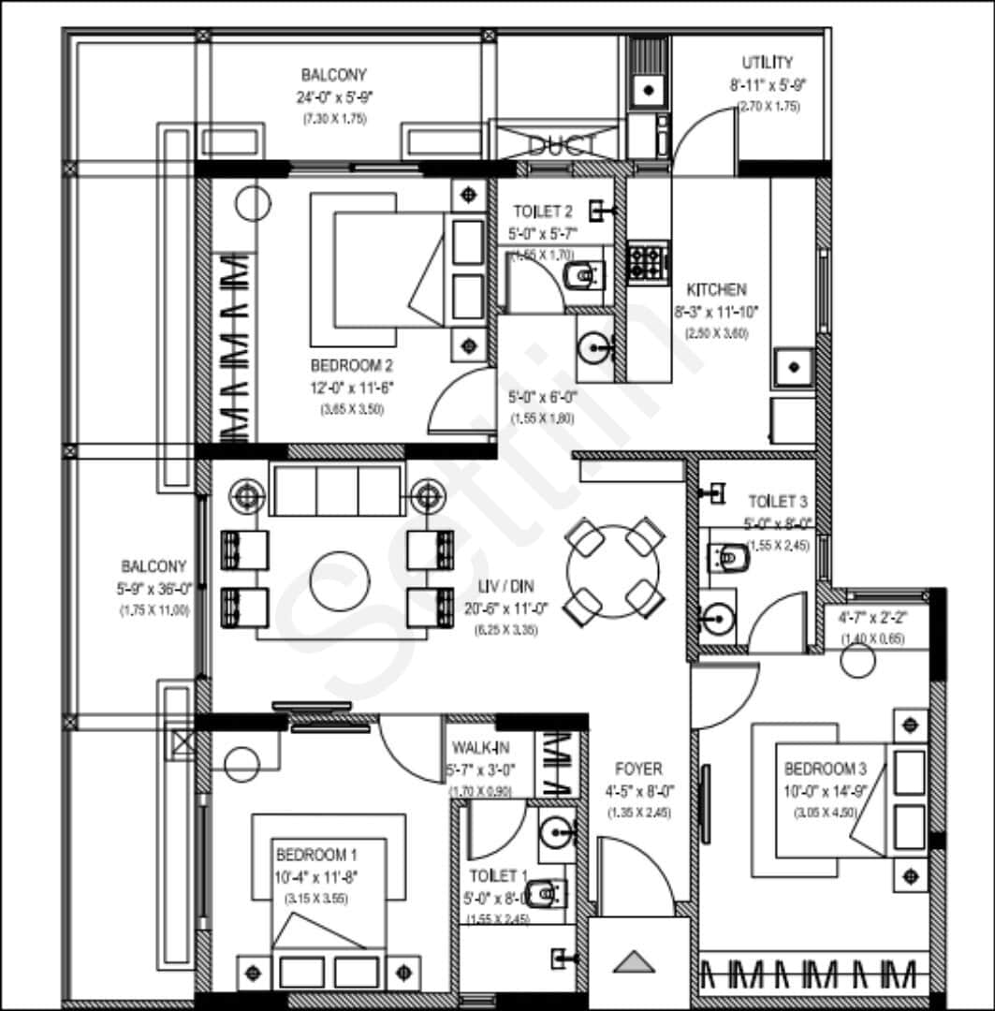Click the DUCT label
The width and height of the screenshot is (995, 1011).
point(563,145)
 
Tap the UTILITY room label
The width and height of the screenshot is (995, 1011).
point(767,63)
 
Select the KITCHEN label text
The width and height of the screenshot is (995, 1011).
point(716,290)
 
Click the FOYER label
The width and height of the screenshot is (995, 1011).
point(639,769)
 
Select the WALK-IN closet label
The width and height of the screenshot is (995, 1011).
point(480,749)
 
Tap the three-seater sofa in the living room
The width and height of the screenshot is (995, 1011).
point(337,490)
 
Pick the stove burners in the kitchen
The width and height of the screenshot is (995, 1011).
point(647,261)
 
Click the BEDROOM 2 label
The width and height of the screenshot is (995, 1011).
point(350,365)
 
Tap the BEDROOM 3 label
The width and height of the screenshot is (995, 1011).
point(825,769)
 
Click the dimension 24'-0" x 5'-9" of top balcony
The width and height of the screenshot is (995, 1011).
point(333,96)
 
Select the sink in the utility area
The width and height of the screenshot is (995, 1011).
point(647,91)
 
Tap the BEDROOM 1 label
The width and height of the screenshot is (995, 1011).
point(316,855)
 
